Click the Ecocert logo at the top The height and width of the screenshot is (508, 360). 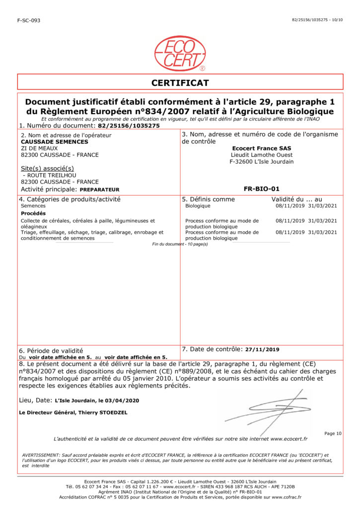(180, 53)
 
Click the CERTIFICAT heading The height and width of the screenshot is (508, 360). (180, 83)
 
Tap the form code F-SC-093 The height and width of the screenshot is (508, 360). (29, 20)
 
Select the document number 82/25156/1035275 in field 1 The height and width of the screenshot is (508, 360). (129, 126)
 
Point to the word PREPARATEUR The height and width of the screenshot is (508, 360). (99, 190)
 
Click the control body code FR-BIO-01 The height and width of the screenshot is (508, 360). (262, 189)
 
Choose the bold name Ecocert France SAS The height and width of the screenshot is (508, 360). (262, 148)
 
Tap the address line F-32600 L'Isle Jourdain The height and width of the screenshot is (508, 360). (262, 161)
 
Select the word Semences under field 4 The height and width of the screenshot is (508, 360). (33, 205)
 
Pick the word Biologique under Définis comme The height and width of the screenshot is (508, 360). (198, 205)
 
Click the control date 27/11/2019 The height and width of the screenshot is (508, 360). (262, 349)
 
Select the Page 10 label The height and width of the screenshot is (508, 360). (333, 434)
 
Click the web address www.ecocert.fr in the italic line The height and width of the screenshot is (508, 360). (288, 439)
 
